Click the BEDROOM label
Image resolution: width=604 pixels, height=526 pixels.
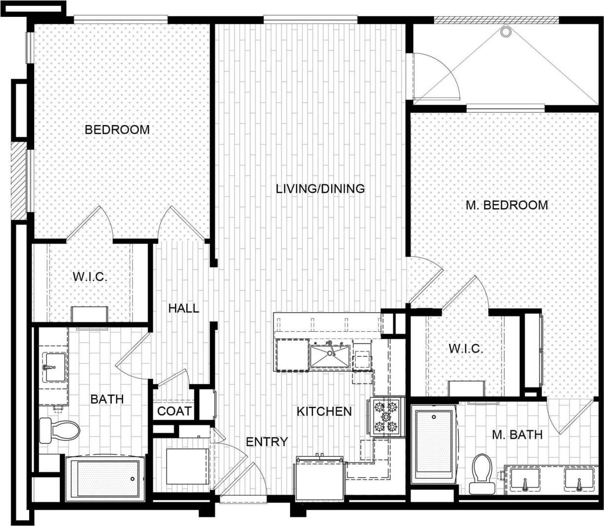[x=117, y=130]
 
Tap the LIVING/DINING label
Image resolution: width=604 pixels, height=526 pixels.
[x=320, y=188]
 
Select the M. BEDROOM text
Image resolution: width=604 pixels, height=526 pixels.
[x=507, y=205]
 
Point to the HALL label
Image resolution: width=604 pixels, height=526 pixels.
[x=183, y=308]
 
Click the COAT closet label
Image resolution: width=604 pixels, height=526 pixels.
[x=174, y=411]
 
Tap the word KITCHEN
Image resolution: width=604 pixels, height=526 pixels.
[x=324, y=411]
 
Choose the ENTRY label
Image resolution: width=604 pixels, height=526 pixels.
[x=267, y=441]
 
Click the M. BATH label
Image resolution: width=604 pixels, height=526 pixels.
[x=517, y=435]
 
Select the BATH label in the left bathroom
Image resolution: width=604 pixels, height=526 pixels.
[x=107, y=399]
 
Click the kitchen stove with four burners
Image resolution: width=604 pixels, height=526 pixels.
[x=386, y=417]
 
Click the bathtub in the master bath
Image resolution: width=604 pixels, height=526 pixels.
[x=433, y=441]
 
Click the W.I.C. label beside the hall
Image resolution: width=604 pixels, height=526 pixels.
[x=90, y=276]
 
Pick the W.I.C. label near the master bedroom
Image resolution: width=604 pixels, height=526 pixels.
[x=466, y=349]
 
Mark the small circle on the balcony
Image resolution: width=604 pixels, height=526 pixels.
[x=505, y=32]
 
